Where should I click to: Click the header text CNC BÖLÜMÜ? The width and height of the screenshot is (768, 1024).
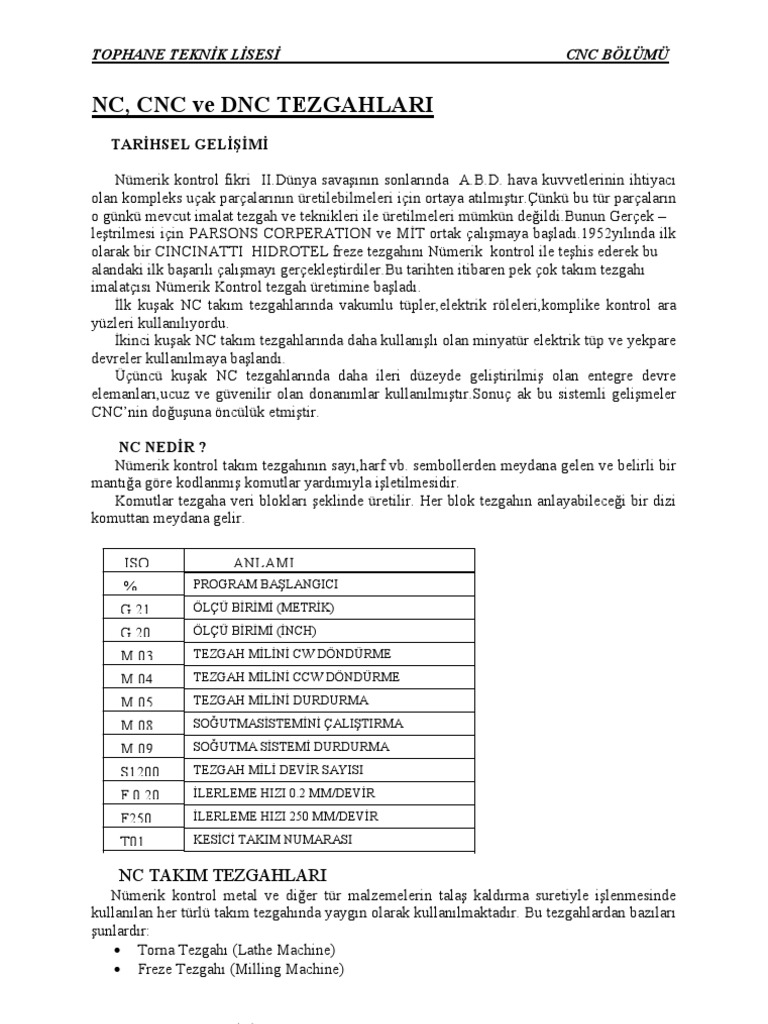tap(617, 54)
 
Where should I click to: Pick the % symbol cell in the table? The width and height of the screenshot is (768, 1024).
tap(130, 585)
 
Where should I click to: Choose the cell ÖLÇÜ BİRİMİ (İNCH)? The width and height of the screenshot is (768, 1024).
tap(264, 631)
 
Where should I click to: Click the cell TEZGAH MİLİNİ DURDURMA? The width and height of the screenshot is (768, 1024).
tap(281, 700)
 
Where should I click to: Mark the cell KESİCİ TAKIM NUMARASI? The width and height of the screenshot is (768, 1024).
tap(273, 839)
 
